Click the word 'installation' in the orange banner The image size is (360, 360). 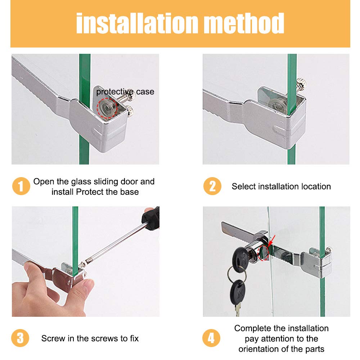(x=137, y=23)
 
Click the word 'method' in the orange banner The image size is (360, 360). (x=244, y=23)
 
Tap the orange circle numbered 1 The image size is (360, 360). (x=21, y=186)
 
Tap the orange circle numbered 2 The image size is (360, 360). (x=212, y=186)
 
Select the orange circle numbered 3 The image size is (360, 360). (x=20, y=338)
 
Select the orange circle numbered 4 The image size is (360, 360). (x=211, y=338)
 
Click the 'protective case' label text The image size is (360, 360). (x=125, y=92)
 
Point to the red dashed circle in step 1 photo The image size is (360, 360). (x=107, y=108)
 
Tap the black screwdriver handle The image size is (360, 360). (x=152, y=218)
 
